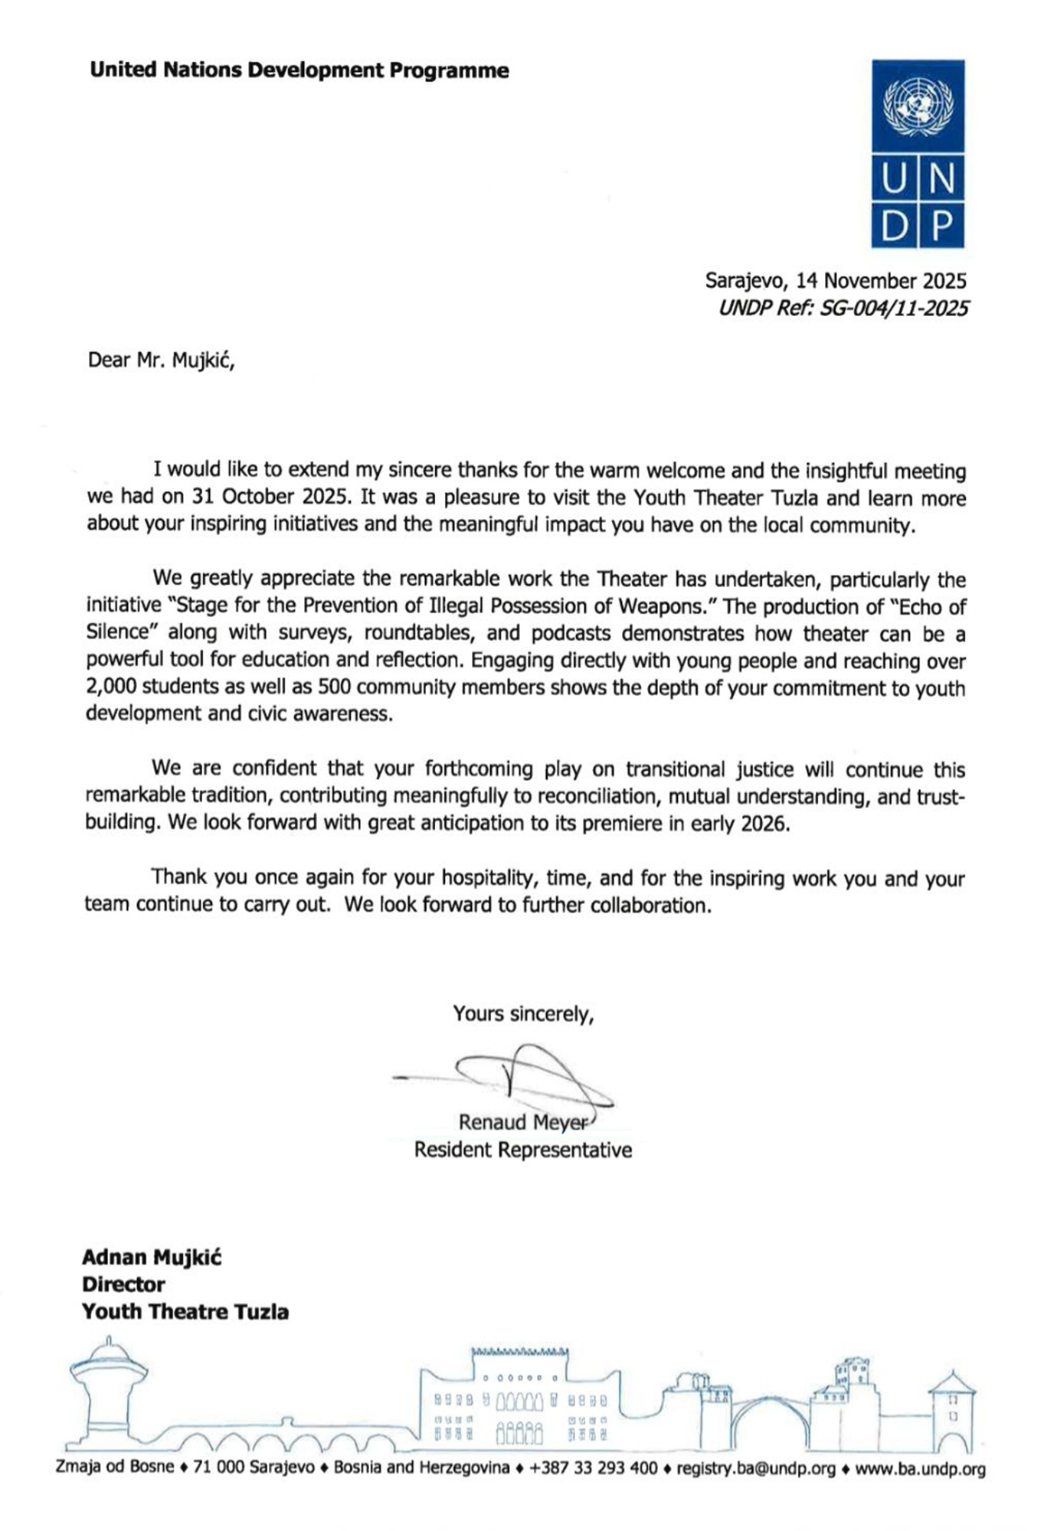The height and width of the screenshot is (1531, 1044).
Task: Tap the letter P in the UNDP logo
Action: tap(942, 226)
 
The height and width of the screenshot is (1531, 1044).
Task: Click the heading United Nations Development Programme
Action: tap(299, 70)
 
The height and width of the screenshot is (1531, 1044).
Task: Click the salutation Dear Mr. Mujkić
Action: tap(161, 360)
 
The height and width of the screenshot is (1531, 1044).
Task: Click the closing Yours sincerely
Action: tap(523, 1014)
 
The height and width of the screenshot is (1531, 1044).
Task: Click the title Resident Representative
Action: tap(523, 1150)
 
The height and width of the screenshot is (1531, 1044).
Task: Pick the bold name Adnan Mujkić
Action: tap(152, 1258)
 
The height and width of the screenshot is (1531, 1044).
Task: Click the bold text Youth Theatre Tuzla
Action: tap(185, 1311)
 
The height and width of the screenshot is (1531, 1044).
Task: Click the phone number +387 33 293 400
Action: tap(593, 1469)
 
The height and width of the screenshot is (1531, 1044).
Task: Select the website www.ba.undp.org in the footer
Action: tap(920, 1469)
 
